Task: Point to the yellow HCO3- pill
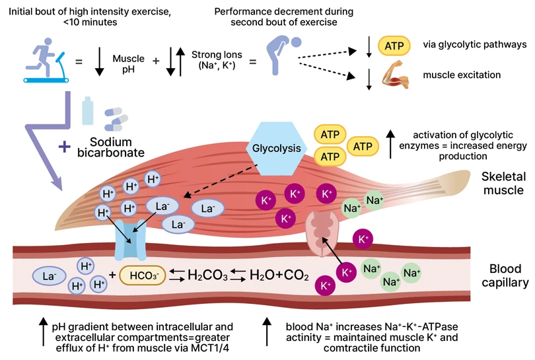point(141,273)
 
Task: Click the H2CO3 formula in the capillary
point(207,273)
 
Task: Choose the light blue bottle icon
point(87,110)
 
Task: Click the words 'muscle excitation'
point(462,75)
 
